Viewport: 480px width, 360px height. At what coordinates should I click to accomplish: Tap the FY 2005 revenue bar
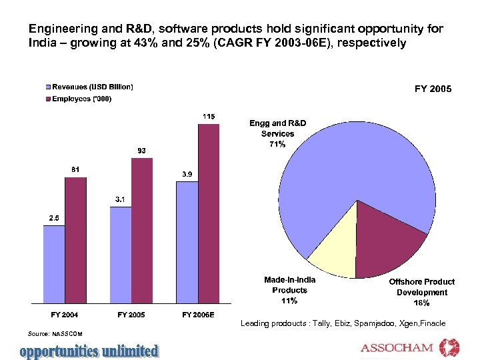[121, 254]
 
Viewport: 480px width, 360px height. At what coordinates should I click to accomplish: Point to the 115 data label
[209, 117]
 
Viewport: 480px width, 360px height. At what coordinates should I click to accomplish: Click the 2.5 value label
[54, 218]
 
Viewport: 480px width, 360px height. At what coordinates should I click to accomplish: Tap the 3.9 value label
[188, 175]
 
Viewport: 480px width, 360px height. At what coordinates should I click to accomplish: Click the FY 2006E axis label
[198, 314]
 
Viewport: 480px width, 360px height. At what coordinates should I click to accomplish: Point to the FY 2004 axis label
[65, 314]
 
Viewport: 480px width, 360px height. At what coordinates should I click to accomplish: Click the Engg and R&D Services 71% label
[277, 134]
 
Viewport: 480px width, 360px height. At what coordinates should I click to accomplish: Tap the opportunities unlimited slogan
[89, 350]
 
